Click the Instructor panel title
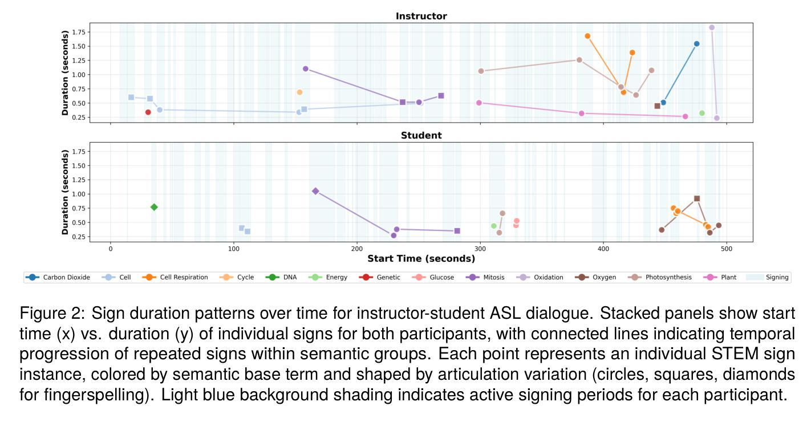pyautogui.click(x=421, y=17)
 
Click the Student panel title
pyautogui.click(x=421, y=136)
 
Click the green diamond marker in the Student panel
pyautogui.click(x=154, y=207)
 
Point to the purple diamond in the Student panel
pyautogui.click(x=315, y=191)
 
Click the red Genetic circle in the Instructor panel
pyautogui.click(x=148, y=112)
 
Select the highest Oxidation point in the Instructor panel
pyautogui.click(x=712, y=27)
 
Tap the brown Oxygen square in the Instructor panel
pyautogui.click(x=657, y=106)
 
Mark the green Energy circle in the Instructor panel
pyautogui.click(x=702, y=113)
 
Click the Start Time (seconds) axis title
pyautogui.click(x=421, y=259)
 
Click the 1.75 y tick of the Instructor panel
pyautogui.click(x=78, y=33)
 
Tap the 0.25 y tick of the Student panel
pyautogui.click(x=78, y=237)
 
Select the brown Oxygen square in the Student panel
pyautogui.click(x=697, y=198)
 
